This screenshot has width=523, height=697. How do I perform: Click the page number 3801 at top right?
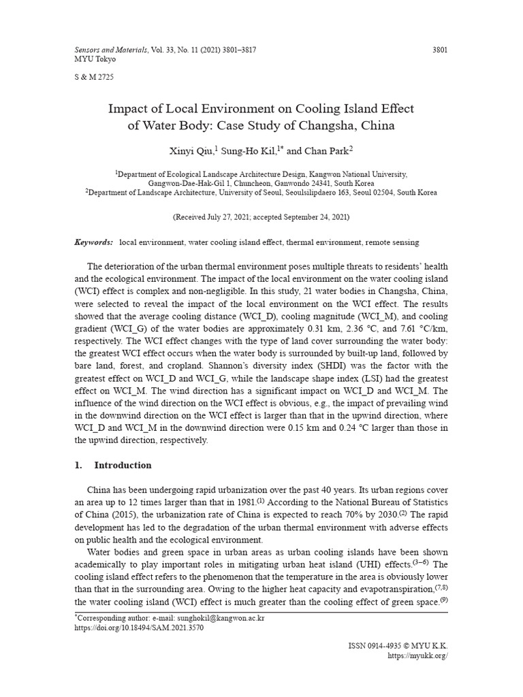coord(440,50)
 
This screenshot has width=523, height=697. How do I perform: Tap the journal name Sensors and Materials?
coord(107,50)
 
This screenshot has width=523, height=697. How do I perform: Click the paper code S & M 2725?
coord(94,77)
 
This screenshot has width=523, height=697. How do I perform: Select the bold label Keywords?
coord(94,242)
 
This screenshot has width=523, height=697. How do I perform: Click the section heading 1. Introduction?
coord(113,466)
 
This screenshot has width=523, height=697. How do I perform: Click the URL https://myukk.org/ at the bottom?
coord(417,655)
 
